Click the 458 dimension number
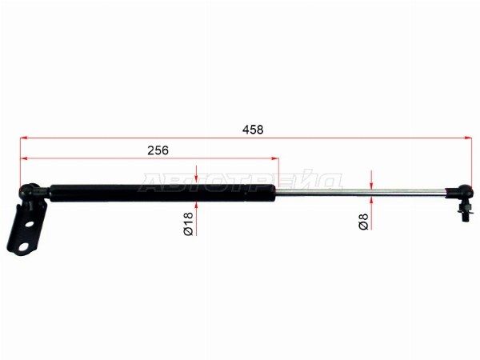pyautogui.click(x=253, y=130)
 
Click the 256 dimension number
pyautogui.click(x=158, y=150)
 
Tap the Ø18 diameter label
pyautogui.click(x=189, y=224)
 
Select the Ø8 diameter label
pyautogui.click(x=363, y=222)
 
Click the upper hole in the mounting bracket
pyautogui.click(x=30, y=224)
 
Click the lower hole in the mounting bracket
pyautogui.click(x=23, y=246)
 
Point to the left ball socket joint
pyautogui.click(x=30, y=191)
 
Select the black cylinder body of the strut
pyautogui.click(x=162, y=193)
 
